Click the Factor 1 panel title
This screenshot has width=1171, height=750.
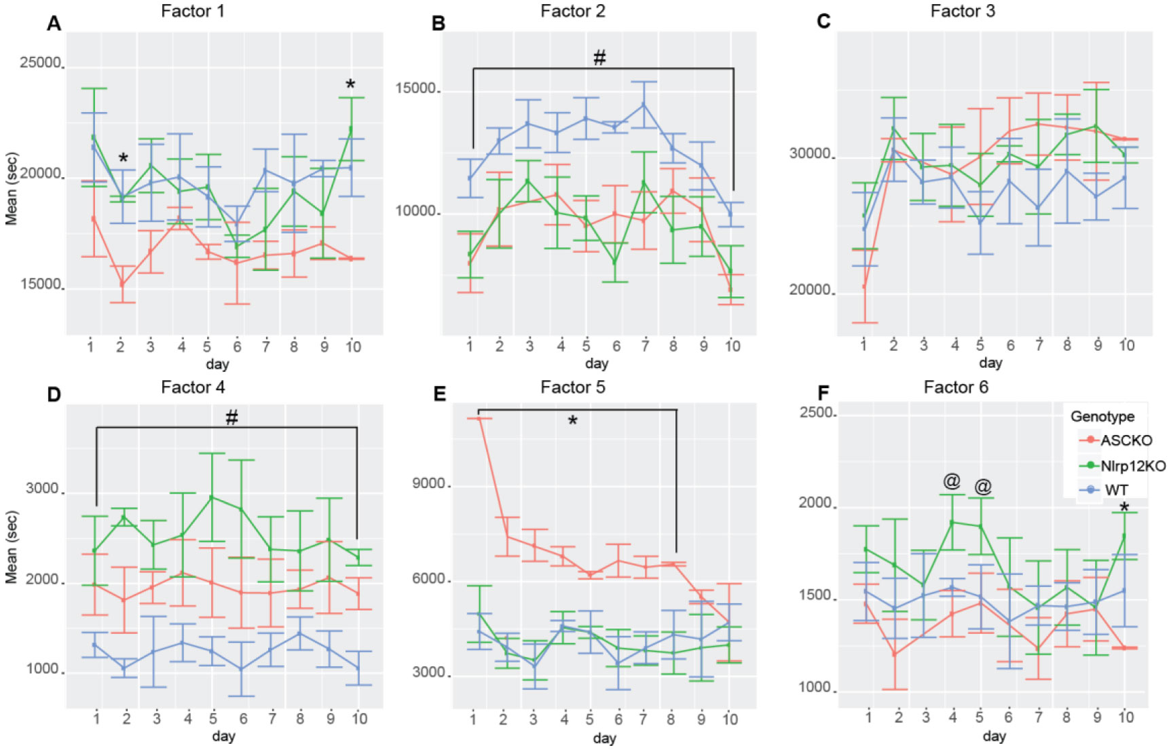(x=193, y=11)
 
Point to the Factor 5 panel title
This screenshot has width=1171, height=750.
(x=572, y=387)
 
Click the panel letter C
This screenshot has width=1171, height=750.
(x=823, y=22)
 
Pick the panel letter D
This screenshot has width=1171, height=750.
(x=54, y=396)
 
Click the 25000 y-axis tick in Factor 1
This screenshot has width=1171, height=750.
(x=41, y=63)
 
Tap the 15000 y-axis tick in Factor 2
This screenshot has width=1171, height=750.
(x=416, y=89)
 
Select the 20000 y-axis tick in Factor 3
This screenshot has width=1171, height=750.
(x=810, y=290)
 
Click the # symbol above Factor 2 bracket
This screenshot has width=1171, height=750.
(x=599, y=58)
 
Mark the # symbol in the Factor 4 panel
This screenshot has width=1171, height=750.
(x=231, y=418)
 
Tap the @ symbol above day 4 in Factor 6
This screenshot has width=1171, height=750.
(x=952, y=481)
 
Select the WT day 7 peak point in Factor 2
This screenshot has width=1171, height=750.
(x=644, y=105)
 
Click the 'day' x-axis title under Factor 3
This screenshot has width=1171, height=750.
(x=990, y=363)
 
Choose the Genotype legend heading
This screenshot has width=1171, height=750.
(x=1102, y=416)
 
